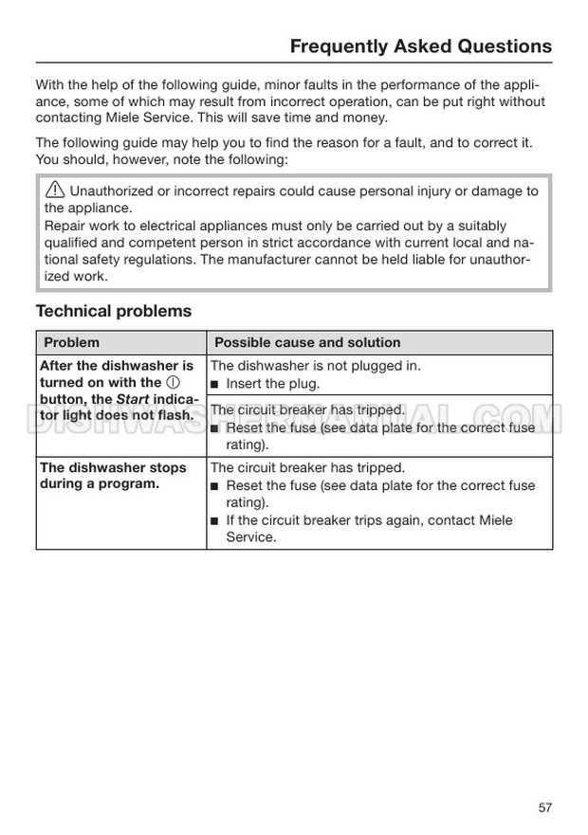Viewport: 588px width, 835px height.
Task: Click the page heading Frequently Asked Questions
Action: click(x=420, y=45)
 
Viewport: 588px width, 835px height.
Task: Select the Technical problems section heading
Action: click(x=113, y=311)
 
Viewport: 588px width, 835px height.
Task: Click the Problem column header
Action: click(x=71, y=342)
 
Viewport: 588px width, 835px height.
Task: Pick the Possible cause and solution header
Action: click(x=307, y=342)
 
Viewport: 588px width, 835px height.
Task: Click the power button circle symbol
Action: click(x=173, y=383)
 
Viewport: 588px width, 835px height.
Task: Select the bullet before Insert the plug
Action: click(x=215, y=384)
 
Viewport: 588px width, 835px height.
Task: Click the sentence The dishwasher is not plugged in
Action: click(x=315, y=366)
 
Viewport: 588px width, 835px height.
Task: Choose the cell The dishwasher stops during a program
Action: click(x=113, y=476)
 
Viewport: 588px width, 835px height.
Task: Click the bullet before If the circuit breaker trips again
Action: click(x=215, y=521)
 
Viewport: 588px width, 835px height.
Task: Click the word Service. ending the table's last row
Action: click(x=250, y=537)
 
